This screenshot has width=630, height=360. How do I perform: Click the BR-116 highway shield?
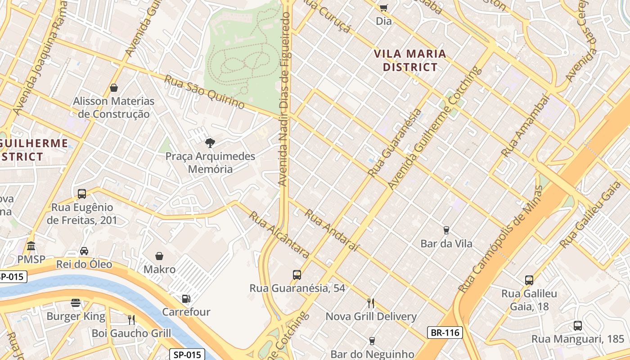445,333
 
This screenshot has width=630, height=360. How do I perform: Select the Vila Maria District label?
410,61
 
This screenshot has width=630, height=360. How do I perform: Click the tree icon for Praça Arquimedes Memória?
210,143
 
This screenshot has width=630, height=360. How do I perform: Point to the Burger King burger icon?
76,303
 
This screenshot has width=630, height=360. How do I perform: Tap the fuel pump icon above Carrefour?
186,298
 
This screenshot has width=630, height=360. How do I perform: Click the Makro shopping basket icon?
159,256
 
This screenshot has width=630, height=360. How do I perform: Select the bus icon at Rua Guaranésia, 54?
297,274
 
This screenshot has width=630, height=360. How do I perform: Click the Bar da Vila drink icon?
446,230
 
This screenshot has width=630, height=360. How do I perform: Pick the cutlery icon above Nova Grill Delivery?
371,303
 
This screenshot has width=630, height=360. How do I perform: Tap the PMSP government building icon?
31,246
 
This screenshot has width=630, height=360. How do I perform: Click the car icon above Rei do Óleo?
84,251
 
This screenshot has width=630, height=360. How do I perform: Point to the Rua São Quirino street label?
204,92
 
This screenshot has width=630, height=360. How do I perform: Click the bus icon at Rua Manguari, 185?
578,325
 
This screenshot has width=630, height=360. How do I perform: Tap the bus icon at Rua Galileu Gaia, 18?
529,280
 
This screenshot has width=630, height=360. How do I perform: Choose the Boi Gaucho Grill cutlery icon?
131,319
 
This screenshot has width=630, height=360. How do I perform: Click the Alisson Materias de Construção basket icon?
114,87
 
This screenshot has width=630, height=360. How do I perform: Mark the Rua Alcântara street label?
279,235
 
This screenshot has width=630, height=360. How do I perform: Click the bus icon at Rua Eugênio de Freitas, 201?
82,194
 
